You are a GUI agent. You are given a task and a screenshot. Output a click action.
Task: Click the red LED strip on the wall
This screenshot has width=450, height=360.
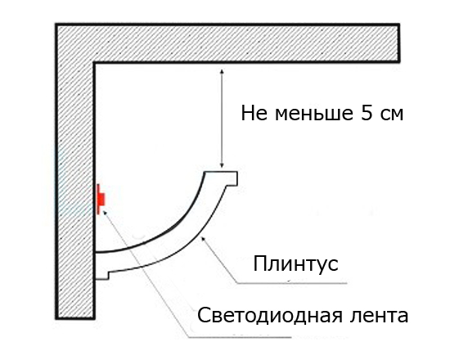tap(101, 200)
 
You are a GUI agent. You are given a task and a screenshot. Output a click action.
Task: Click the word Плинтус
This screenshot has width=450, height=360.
tap(295, 263)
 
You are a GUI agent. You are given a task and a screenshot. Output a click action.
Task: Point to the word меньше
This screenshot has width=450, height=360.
tap(313, 114)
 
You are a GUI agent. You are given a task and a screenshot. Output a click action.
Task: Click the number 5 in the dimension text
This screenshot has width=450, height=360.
tap(366, 112)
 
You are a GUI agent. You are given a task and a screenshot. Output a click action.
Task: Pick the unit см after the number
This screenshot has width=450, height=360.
tap(392, 114)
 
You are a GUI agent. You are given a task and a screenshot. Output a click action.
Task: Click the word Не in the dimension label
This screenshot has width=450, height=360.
tap(254, 113)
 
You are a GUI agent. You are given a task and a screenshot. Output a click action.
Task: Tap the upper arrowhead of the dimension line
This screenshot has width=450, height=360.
tap(221, 71)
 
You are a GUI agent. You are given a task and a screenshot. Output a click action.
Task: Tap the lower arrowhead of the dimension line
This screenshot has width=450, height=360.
tap(222, 165)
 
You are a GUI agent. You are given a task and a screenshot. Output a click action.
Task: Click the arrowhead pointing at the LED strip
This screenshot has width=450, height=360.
tap(105, 212)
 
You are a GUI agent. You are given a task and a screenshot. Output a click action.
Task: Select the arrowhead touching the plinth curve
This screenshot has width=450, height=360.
tap(203, 238)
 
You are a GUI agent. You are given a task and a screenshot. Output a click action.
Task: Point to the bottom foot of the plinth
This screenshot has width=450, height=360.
tap(102, 275)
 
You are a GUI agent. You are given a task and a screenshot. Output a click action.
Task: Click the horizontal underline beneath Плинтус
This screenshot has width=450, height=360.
tap(293, 283)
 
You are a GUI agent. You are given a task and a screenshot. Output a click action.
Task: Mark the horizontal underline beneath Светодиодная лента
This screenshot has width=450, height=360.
tap(240, 337)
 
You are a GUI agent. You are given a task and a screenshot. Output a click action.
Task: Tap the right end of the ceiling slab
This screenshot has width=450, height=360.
tap(399, 43)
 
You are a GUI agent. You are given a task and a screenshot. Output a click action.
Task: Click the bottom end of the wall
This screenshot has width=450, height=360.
tap(75, 317)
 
